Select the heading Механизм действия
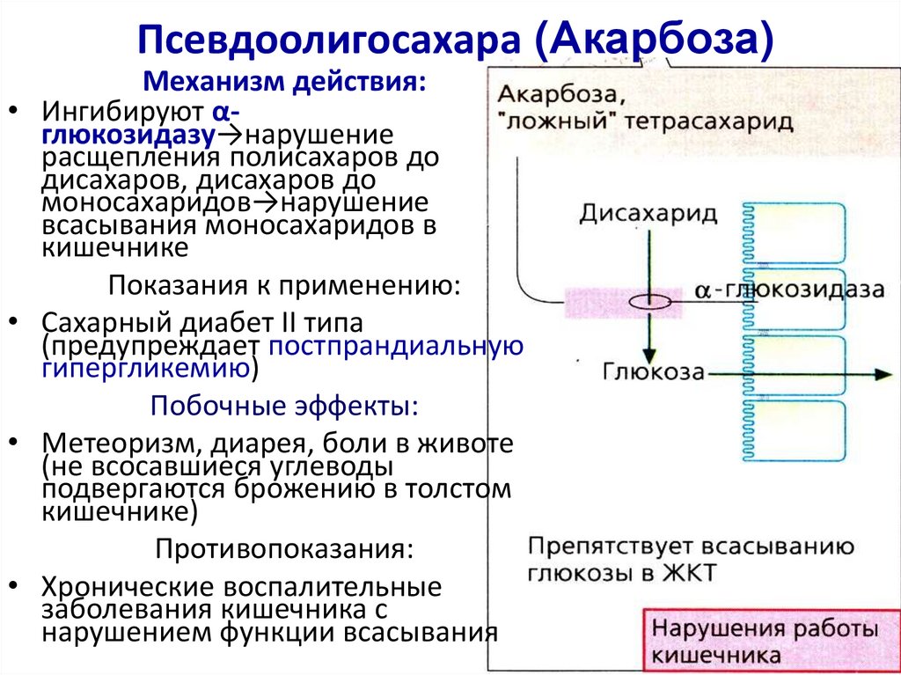[286, 83]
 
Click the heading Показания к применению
[284, 286]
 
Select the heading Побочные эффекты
[284, 406]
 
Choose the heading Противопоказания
[284, 548]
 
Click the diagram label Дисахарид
[648, 213]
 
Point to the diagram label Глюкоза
[654, 371]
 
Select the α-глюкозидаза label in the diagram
[788, 290]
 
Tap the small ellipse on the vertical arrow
[649, 301]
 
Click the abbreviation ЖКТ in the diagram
[691, 573]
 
